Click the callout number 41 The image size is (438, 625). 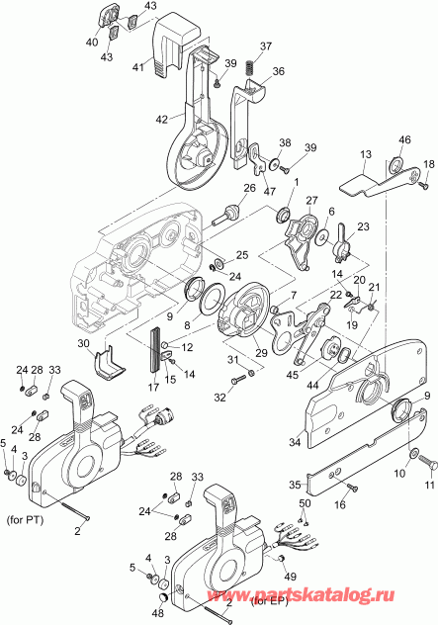tap(139, 68)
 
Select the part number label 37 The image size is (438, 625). tap(265, 46)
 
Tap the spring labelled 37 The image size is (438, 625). tap(250, 69)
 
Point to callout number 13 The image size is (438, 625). tap(365, 155)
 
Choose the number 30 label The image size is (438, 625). tap(85, 343)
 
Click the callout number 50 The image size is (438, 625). tap(305, 505)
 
